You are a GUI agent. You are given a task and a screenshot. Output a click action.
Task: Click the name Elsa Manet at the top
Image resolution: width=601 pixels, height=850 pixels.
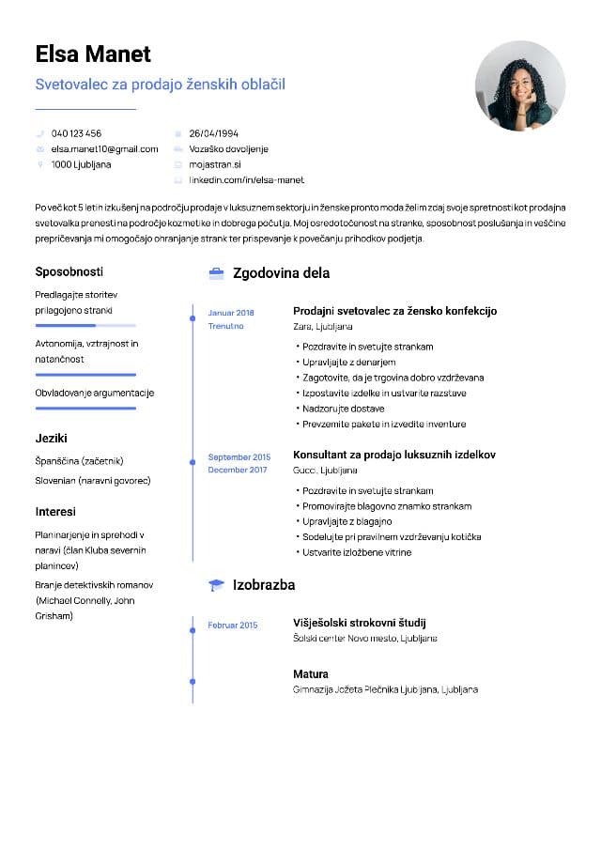coord(93,54)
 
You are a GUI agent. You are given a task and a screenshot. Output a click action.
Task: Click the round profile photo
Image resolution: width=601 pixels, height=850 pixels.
coord(519,85)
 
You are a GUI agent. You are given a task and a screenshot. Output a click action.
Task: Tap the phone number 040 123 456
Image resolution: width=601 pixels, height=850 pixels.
coord(76,133)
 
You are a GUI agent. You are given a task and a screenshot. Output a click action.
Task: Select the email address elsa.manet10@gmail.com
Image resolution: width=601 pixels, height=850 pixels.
coord(104,148)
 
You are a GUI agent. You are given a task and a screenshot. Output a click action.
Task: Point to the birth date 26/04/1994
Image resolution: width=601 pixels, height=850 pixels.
coord(213,133)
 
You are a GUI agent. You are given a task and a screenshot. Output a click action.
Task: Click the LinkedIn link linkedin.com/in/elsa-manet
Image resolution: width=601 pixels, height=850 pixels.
coord(246,179)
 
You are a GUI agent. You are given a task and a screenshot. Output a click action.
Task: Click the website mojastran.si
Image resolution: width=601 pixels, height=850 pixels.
coord(215,164)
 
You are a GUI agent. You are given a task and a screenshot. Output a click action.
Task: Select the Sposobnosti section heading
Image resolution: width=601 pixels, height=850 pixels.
coord(69,271)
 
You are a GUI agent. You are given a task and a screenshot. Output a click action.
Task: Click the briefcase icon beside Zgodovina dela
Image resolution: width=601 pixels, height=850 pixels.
coord(216,273)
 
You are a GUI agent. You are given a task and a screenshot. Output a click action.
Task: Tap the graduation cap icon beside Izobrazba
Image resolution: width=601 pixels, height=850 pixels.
coord(216,585)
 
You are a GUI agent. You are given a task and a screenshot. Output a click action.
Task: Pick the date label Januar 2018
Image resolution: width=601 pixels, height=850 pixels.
coord(231,313)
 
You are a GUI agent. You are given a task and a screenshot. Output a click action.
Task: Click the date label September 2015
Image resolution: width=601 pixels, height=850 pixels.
coord(239,456)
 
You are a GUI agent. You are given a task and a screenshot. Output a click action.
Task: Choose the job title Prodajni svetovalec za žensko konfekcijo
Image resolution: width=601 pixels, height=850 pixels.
coord(394,311)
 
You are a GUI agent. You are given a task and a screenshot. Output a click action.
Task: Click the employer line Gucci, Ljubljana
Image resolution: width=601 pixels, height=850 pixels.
coord(325,470)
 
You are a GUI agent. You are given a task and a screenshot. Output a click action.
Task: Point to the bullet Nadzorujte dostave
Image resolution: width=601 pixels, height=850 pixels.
coord(344,409)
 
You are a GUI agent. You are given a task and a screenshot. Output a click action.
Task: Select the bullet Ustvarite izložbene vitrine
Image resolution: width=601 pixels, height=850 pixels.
coord(357,552)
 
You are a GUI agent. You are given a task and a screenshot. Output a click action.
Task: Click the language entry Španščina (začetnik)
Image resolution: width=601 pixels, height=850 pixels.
coord(79,461)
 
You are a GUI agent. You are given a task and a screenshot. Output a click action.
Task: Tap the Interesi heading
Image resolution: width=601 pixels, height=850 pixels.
coord(55,512)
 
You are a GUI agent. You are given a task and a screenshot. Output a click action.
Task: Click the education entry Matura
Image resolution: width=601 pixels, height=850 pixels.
coord(311,674)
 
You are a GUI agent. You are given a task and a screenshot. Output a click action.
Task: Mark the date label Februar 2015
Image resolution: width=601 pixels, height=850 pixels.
coord(232,625)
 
